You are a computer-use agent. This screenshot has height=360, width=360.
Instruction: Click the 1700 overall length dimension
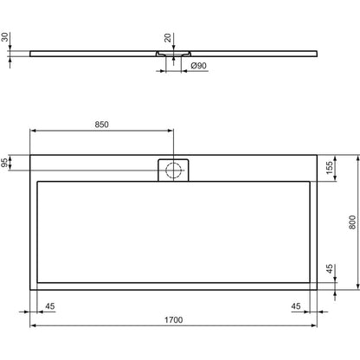point(174,319)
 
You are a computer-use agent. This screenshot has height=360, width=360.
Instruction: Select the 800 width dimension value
point(352,222)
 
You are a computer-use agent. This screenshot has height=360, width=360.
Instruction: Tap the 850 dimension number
point(102,125)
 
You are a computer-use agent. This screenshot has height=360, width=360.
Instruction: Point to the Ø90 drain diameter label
point(199,66)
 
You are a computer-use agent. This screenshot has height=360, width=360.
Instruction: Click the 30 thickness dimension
point(5,37)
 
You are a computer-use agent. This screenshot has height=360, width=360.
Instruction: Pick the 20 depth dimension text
point(168,38)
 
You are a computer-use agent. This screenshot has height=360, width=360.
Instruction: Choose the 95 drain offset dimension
point(4,163)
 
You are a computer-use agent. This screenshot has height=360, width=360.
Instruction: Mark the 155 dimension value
point(329,168)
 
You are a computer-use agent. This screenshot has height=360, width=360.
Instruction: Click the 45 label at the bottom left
point(50,306)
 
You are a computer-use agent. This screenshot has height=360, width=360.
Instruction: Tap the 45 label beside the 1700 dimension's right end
point(296,306)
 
